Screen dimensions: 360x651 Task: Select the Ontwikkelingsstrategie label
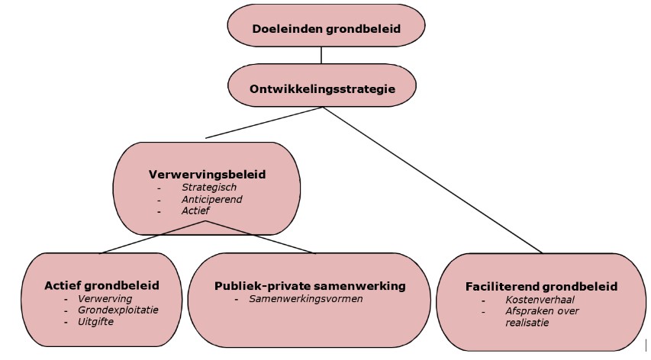tap(322, 88)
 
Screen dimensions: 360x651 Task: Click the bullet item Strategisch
tap(209, 187)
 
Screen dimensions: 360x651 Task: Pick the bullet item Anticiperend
tap(212, 198)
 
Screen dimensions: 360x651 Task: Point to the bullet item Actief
tap(195, 210)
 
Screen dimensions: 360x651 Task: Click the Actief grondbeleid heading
tap(102, 286)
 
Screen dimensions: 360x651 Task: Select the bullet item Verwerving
tap(105, 299)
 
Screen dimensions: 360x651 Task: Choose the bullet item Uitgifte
tap(95, 323)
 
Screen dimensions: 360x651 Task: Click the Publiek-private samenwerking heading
tap(309, 286)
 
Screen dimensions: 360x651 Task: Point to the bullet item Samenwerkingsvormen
tap(305, 299)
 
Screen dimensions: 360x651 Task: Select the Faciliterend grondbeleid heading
tap(541, 287)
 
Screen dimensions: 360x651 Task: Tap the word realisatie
tap(527, 323)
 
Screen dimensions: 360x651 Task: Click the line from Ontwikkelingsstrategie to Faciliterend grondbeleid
tap(432, 179)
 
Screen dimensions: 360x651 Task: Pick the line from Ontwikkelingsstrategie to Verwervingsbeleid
tap(264, 122)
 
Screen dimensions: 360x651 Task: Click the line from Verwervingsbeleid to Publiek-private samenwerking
tap(259, 236)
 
